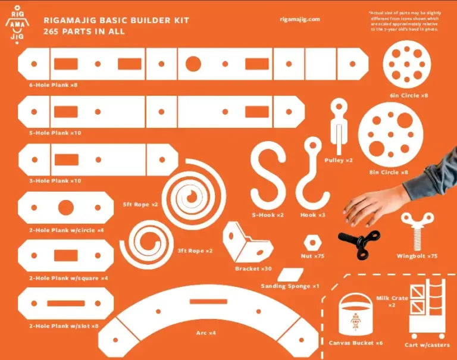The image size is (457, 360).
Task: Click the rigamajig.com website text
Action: pos(299,19)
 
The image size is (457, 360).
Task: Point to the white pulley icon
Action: pos(339,127)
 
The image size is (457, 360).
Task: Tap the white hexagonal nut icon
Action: pos(312,244)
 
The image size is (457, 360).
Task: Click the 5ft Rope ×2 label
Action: pos(140,205)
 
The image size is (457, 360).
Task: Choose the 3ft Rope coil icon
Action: pos(145,244)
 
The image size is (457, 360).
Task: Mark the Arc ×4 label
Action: pos(206,333)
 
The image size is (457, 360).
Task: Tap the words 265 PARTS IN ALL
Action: pos(84,32)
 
